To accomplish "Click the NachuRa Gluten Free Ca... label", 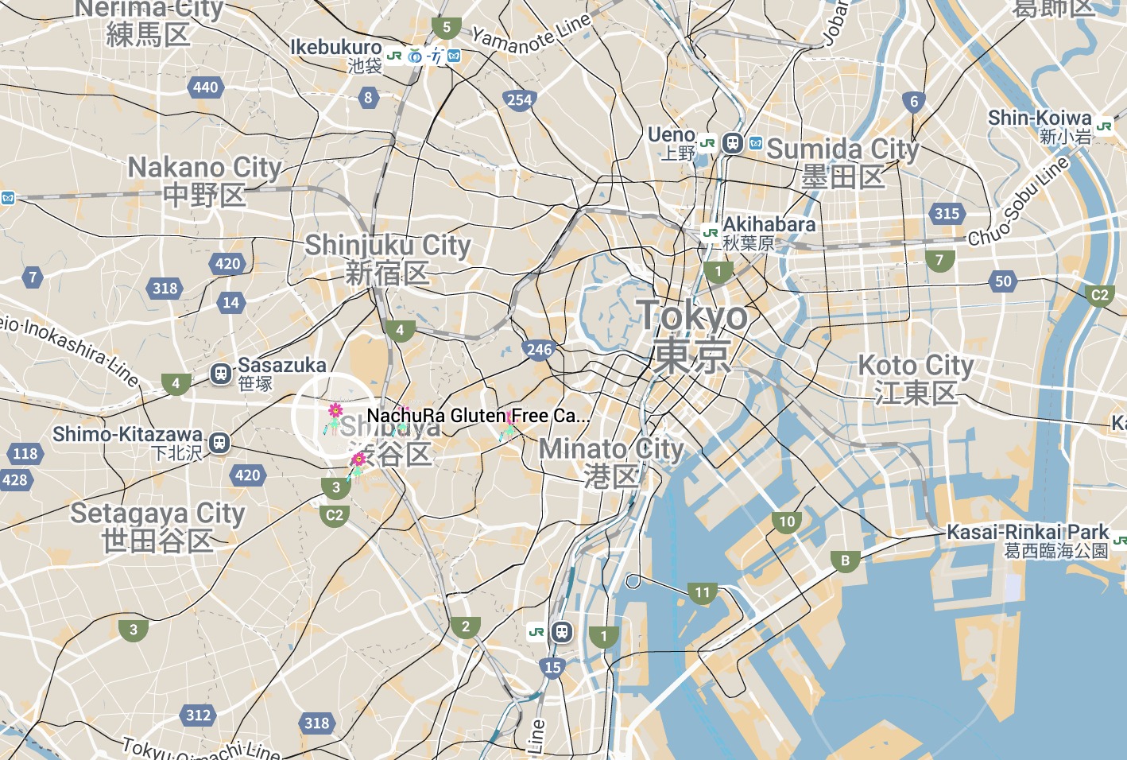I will coord(478,416).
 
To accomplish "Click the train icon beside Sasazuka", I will coord(220,372).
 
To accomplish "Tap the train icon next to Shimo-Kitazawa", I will coord(219,442).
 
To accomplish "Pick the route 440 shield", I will coord(205,87).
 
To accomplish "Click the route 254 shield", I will coord(519,99).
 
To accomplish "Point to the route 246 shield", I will coord(539,349).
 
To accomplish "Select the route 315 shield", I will coord(947,213).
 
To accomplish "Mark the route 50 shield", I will coord(1003,281).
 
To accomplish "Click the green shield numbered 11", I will coord(703,593).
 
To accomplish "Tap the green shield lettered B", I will coord(845,561).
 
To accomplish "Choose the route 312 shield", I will coord(198,715).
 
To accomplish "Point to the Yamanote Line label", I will coord(532,33).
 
